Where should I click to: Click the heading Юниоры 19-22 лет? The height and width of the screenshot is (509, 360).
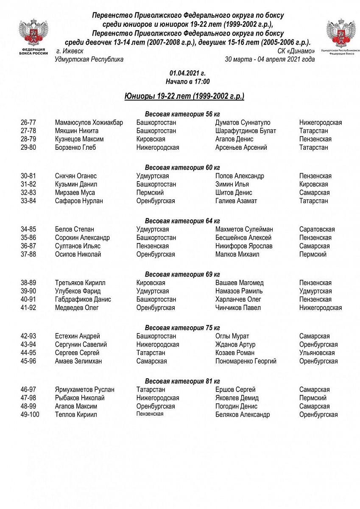click(184, 96)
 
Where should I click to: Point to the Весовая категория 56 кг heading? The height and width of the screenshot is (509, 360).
click(182, 114)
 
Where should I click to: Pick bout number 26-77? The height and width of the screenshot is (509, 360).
click(28, 123)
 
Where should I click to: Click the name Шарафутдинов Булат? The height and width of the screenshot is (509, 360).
click(246, 131)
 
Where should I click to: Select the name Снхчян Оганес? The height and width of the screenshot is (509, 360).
click(76, 176)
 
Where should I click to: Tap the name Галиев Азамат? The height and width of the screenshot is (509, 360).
click(236, 201)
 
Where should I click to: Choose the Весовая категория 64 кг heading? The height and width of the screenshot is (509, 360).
click(182, 221)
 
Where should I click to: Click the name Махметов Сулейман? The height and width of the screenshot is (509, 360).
click(244, 229)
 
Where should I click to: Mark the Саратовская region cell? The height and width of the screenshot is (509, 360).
click(317, 229)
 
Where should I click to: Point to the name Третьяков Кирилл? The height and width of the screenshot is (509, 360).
click(81, 283)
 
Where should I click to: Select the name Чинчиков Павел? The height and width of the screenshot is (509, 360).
click(238, 308)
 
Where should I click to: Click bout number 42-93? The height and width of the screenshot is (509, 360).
click(28, 336)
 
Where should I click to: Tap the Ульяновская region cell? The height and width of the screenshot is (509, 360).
click(317, 353)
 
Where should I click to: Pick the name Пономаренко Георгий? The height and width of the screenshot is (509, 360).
click(246, 361)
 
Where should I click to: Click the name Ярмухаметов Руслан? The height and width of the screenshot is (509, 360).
click(85, 390)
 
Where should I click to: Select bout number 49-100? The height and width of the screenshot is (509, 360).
click(30, 415)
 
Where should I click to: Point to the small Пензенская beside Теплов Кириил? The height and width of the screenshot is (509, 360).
click(150, 414)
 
